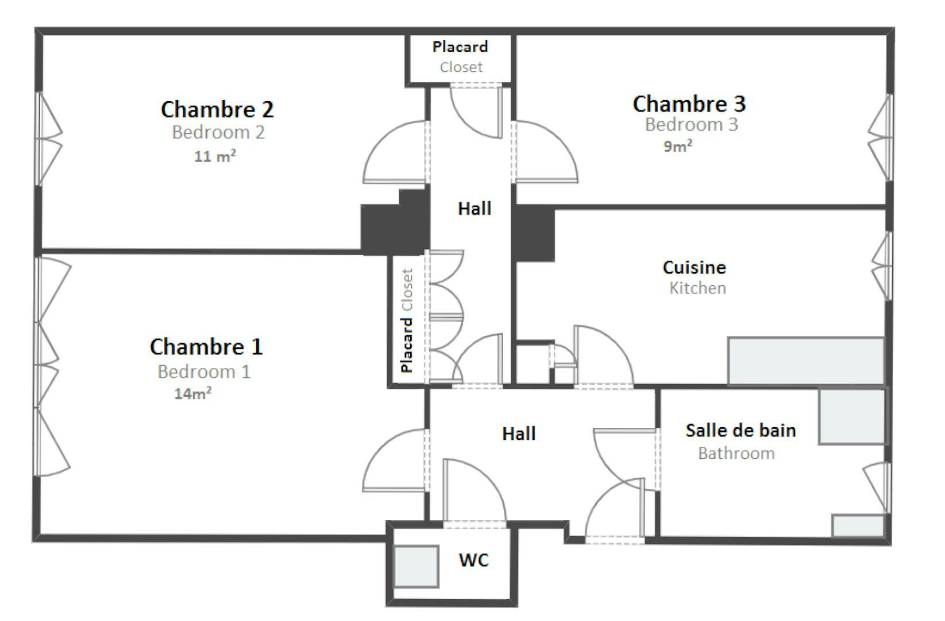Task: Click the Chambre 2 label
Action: (x=217, y=109)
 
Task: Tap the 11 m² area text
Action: (x=215, y=156)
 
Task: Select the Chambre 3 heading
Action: (x=689, y=104)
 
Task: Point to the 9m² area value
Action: (x=678, y=146)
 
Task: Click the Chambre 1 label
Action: (x=206, y=347)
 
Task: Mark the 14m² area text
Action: (x=193, y=394)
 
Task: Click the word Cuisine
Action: (x=694, y=267)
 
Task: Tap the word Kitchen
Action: (x=697, y=287)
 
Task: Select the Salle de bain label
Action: (x=740, y=430)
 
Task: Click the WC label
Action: (x=474, y=559)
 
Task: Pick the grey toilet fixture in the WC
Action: (x=416, y=566)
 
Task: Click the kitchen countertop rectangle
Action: (x=805, y=361)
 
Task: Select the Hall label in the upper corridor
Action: (x=475, y=208)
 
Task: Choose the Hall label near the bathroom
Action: (x=519, y=434)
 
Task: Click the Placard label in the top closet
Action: (x=460, y=47)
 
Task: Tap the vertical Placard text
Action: (x=407, y=344)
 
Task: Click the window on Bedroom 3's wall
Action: (x=881, y=138)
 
